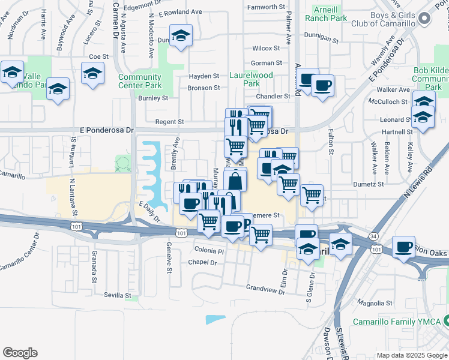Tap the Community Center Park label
pyautogui.click(x=140, y=81)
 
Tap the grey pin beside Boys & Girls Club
pyautogui.click(x=425, y=19)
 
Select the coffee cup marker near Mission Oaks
pyautogui.click(x=403, y=247)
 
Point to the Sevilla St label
pyautogui.click(x=118, y=295)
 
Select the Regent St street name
pyautogui.click(x=169, y=122)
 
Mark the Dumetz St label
pyautogui.click(x=368, y=184)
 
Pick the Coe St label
pyautogui.click(x=98, y=56)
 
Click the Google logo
pyautogui.click(x=20, y=353)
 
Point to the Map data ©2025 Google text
pyautogui.click(x=411, y=355)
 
